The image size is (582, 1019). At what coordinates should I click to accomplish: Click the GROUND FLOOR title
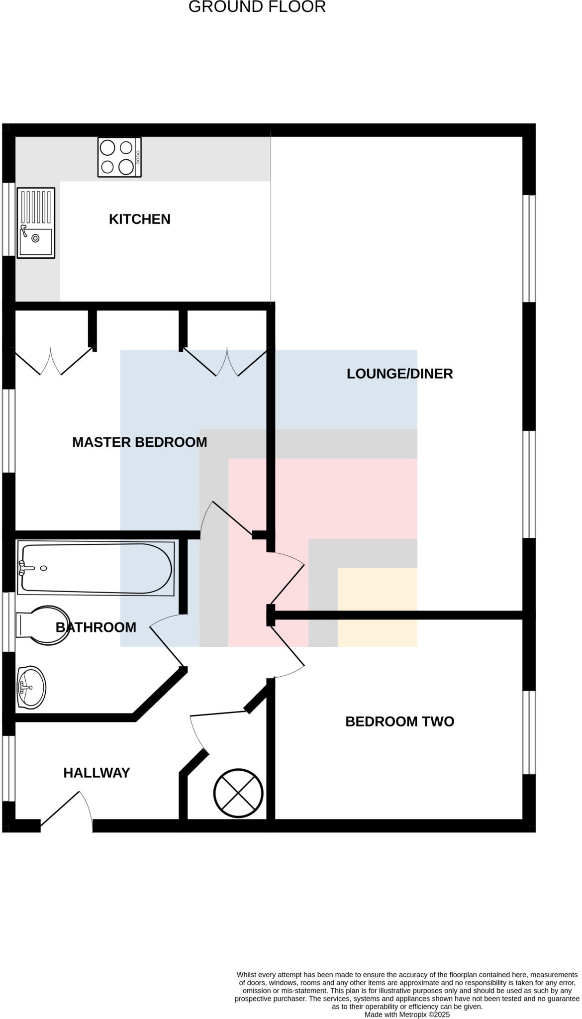(257, 7)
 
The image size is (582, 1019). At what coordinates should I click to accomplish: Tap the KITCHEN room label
(139, 219)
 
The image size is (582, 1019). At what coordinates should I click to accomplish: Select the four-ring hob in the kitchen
(119, 157)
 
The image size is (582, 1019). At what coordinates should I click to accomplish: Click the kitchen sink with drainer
(36, 222)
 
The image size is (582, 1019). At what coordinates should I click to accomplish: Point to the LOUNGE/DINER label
(399, 374)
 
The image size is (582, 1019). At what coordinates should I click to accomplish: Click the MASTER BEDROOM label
(139, 442)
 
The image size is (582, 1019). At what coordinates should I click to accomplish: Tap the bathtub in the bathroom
(96, 568)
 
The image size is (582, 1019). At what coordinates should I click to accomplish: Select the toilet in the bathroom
(44, 625)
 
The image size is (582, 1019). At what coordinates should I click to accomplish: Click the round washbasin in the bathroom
(31, 687)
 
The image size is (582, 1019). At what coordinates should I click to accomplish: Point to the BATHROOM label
(96, 627)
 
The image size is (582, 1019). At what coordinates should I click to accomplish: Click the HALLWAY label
(97, 773)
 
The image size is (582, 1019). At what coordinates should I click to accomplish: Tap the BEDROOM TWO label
(399, 721)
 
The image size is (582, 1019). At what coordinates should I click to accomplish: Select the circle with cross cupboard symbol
(238, 793)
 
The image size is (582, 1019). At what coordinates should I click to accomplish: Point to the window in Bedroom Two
(529, 732)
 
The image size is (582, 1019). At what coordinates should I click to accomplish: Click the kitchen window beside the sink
(8, 219)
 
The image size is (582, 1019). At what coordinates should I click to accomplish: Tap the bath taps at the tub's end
(24, 568)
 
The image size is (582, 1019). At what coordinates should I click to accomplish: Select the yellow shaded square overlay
(377, 607)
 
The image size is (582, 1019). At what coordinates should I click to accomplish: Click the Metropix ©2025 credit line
(407, 1014)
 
